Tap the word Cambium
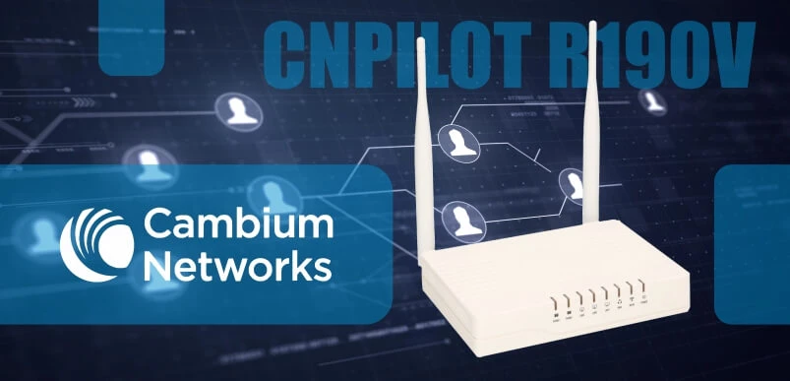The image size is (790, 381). (237, 225)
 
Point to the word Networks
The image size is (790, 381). (237, 265)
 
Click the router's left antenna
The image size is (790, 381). (421, 148)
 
